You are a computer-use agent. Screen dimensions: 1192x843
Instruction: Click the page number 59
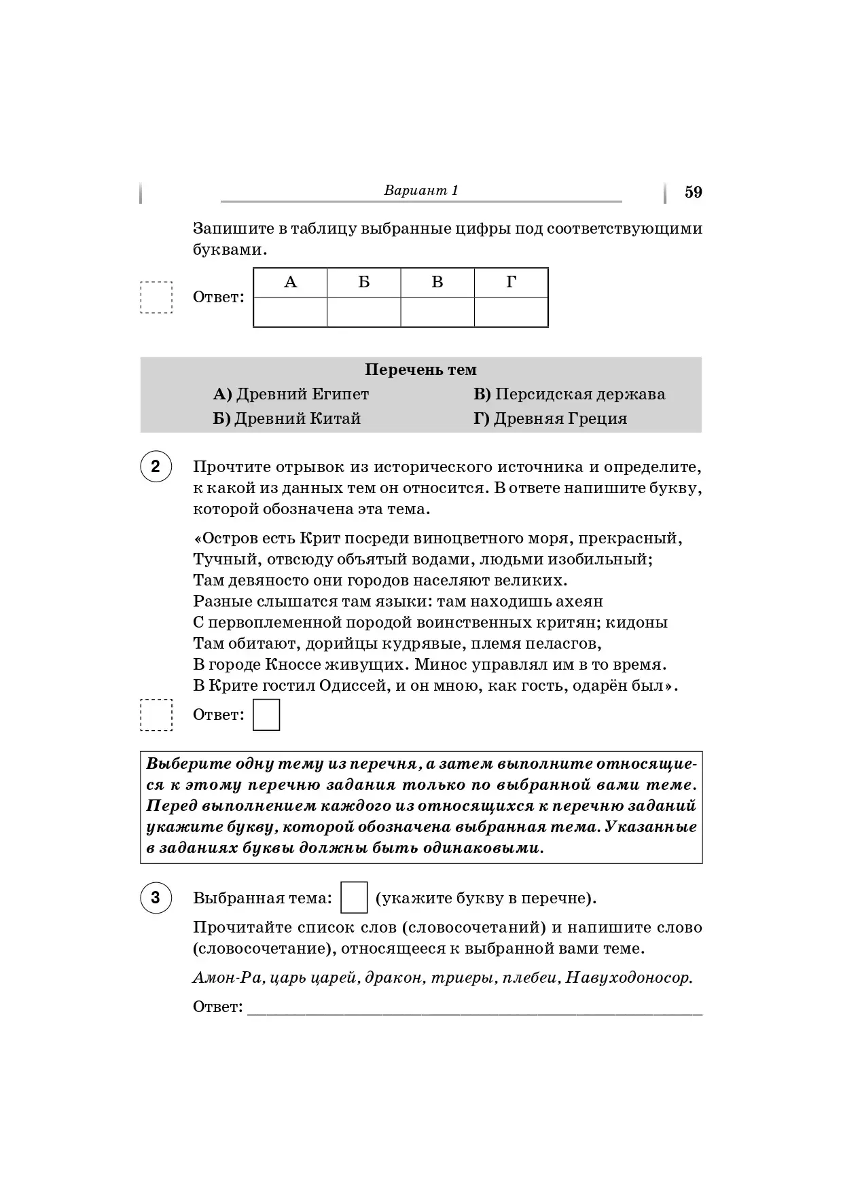click(x=693, y=192)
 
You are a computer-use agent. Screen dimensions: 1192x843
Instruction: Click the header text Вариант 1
click(x=421, y=190)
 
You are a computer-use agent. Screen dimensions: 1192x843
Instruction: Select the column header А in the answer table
click(x=290, y=283)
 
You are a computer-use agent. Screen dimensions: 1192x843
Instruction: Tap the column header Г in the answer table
click(x=511, y=283)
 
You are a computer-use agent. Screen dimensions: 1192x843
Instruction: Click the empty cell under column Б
click(x=363, y=312)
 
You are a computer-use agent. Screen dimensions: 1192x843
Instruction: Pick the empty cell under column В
click(x=437, y=312)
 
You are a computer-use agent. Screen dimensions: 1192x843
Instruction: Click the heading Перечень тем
click(x=420, y=369)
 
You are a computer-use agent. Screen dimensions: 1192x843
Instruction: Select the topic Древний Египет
click(x=302, y=394)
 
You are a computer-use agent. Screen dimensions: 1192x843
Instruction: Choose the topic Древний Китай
click(x=297, y=418)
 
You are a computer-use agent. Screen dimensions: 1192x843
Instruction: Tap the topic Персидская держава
click(x=579, y=394)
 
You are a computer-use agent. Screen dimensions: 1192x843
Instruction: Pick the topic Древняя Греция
click(x=560, y=418)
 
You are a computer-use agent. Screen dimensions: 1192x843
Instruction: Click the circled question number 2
click(x=156, y=467)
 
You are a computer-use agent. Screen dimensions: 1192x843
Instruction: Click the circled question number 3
click(x=156, y=897)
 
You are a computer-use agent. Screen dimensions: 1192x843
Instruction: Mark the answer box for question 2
click(x=266, y=715)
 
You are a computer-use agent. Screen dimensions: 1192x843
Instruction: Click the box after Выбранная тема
click(x=354, y=897)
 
